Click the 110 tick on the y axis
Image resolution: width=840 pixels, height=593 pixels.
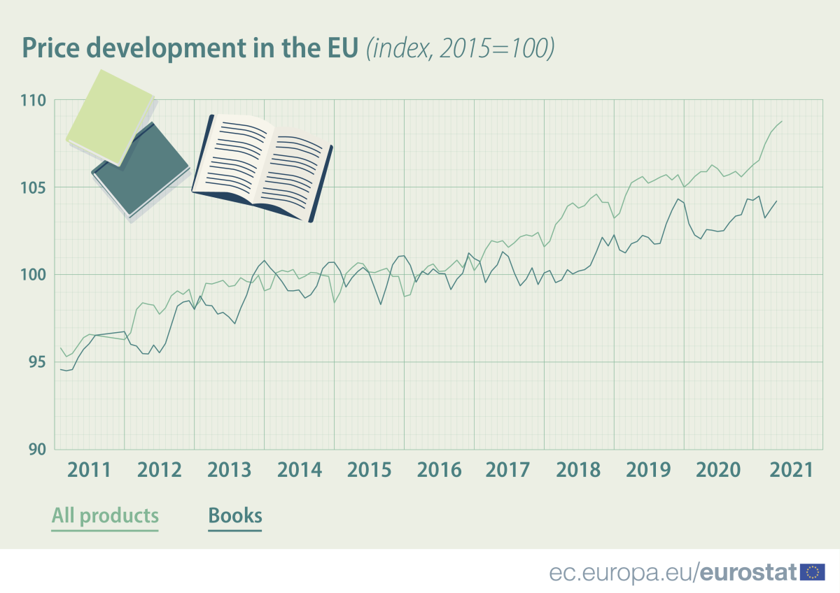coord(33,101)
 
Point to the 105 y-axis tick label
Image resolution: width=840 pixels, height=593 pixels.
coord(33,187)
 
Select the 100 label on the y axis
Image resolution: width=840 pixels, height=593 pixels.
coord(33,275)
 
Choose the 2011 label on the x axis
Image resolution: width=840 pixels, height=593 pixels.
coord(90,469)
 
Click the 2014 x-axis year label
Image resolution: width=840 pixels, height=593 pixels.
coord(300,469)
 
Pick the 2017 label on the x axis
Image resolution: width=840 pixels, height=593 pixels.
coord(509,469)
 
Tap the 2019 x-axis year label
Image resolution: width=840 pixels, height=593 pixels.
coord(649,469)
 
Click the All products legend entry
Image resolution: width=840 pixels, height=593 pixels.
coord(105,516)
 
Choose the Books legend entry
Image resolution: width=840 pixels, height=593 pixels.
coord(235,516)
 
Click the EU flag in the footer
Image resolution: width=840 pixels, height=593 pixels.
coord(812,572)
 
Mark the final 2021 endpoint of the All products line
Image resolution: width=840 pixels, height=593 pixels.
coord(782,122)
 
